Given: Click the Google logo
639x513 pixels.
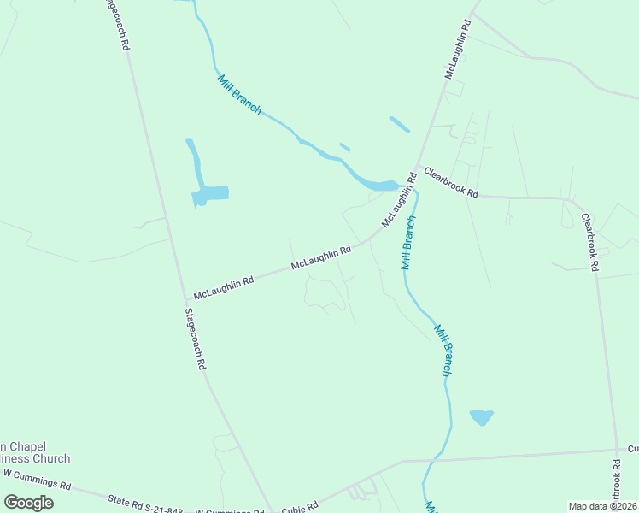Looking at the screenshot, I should click(x=28, y=502).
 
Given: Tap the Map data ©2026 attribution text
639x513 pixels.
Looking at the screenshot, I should click(x=602, y=506).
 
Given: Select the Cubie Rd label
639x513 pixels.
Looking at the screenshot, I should click(x=300, y=506).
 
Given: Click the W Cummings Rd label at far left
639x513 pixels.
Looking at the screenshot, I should click(x=37, y=479).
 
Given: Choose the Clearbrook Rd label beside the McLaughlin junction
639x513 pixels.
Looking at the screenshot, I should click(x=450, y=181).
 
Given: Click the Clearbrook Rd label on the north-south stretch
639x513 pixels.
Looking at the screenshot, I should click(x=589, y=243).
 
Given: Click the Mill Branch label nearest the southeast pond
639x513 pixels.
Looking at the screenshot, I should click(x=443, y=350).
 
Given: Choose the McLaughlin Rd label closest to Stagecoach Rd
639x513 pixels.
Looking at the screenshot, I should click(x=224, y=286).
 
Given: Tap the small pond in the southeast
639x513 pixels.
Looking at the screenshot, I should click(x=482, y=417).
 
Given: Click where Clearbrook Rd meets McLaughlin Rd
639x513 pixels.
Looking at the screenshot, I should click(x=416, y=167).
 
